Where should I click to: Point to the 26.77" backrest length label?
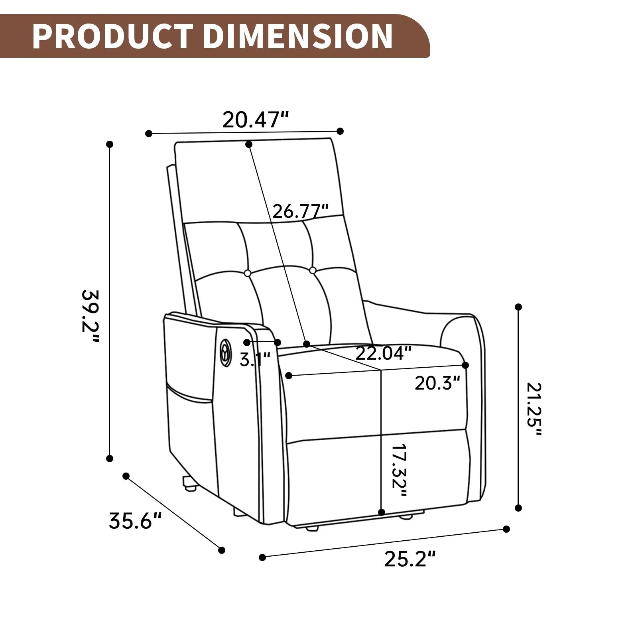pos(300,211)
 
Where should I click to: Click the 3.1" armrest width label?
pos(255,360)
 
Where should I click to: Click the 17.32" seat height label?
pos(398,471)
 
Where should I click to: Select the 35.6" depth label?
pos(135,521)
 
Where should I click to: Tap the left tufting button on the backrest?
pos(247,273)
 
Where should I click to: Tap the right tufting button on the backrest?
pos(313,270)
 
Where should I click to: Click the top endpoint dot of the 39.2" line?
pos(110,144)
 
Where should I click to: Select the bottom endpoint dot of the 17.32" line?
pos(382,512)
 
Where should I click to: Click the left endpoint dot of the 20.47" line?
pos(149,134)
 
